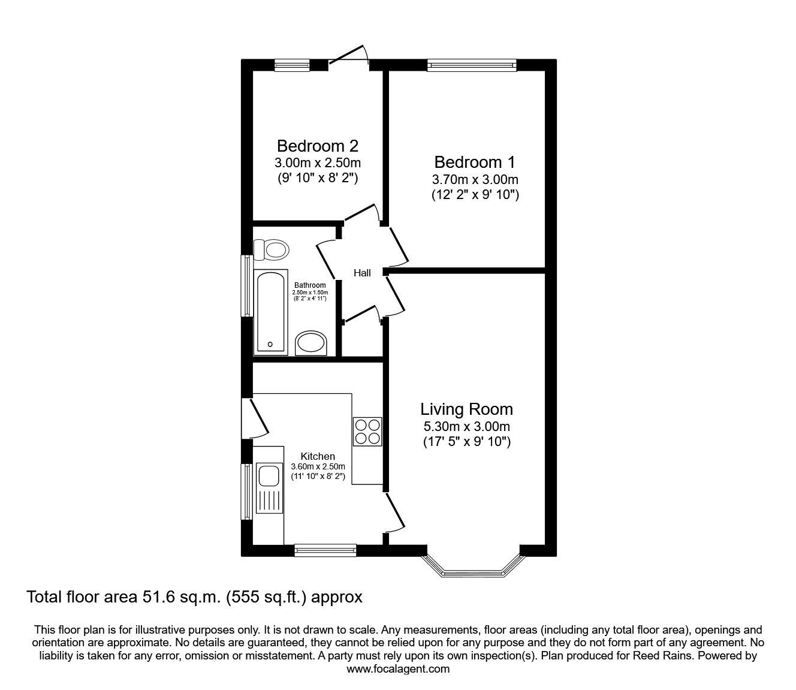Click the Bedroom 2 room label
coord(317,146)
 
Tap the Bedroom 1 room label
coord(475,162)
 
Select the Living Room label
coord(466,409)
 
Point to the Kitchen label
coord(318,456)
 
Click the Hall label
coord(362,273)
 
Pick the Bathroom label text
coord(310,285)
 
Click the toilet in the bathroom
coord(271,249)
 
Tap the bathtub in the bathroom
coord(272,312)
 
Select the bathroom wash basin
coord(311,344)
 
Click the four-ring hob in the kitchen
coord(367,431)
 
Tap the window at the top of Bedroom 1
coord(472,65)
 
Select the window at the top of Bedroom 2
coord(293,65)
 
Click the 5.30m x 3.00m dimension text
coord(466,427)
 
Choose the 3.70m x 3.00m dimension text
coord(475,179)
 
